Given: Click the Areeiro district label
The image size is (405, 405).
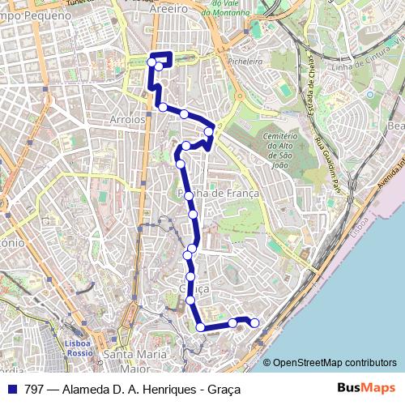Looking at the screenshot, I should [168, 8].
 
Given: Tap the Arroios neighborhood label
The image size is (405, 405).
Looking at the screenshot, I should [126, 118].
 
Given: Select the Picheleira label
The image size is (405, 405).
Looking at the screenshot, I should [245, 61].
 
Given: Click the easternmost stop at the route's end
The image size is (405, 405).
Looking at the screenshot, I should [254, 323].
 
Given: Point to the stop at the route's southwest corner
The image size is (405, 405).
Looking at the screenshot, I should [201, 327].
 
